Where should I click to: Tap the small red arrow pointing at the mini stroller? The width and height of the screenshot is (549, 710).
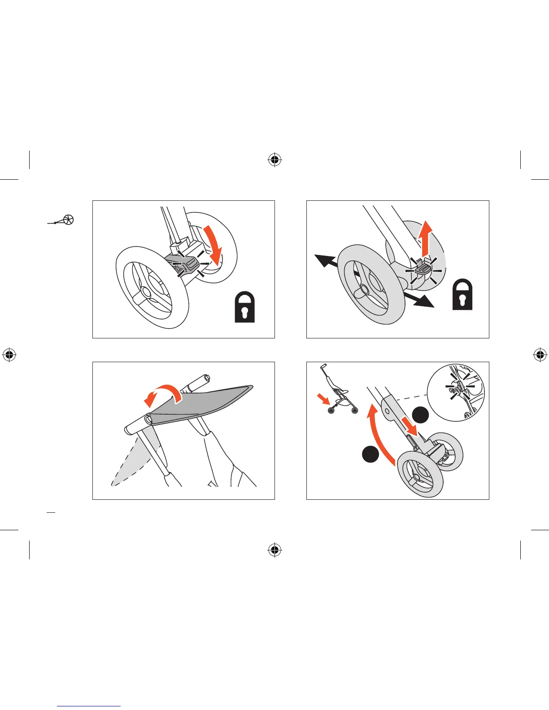[x=322, y=398]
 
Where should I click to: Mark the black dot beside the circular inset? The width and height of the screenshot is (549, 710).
[x=420, y=415]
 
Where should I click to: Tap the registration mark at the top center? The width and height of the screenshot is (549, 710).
[x=274, y=160]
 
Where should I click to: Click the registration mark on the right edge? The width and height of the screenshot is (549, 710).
[x=540, y=355]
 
